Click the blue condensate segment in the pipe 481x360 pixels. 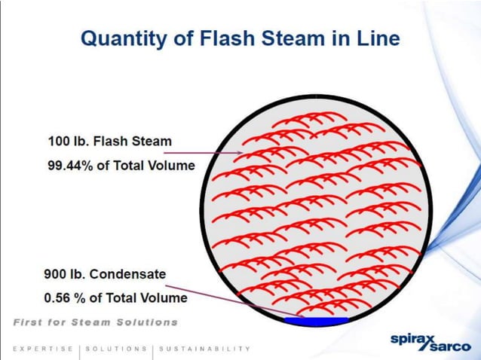pos(316,322)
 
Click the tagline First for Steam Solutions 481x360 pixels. pos(95,322)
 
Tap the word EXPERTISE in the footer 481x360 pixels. pos(42,349)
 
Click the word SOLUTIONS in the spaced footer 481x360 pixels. pos(116,349)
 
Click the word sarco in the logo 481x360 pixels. pos(449,346)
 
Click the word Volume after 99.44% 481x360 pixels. pos(170,165)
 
